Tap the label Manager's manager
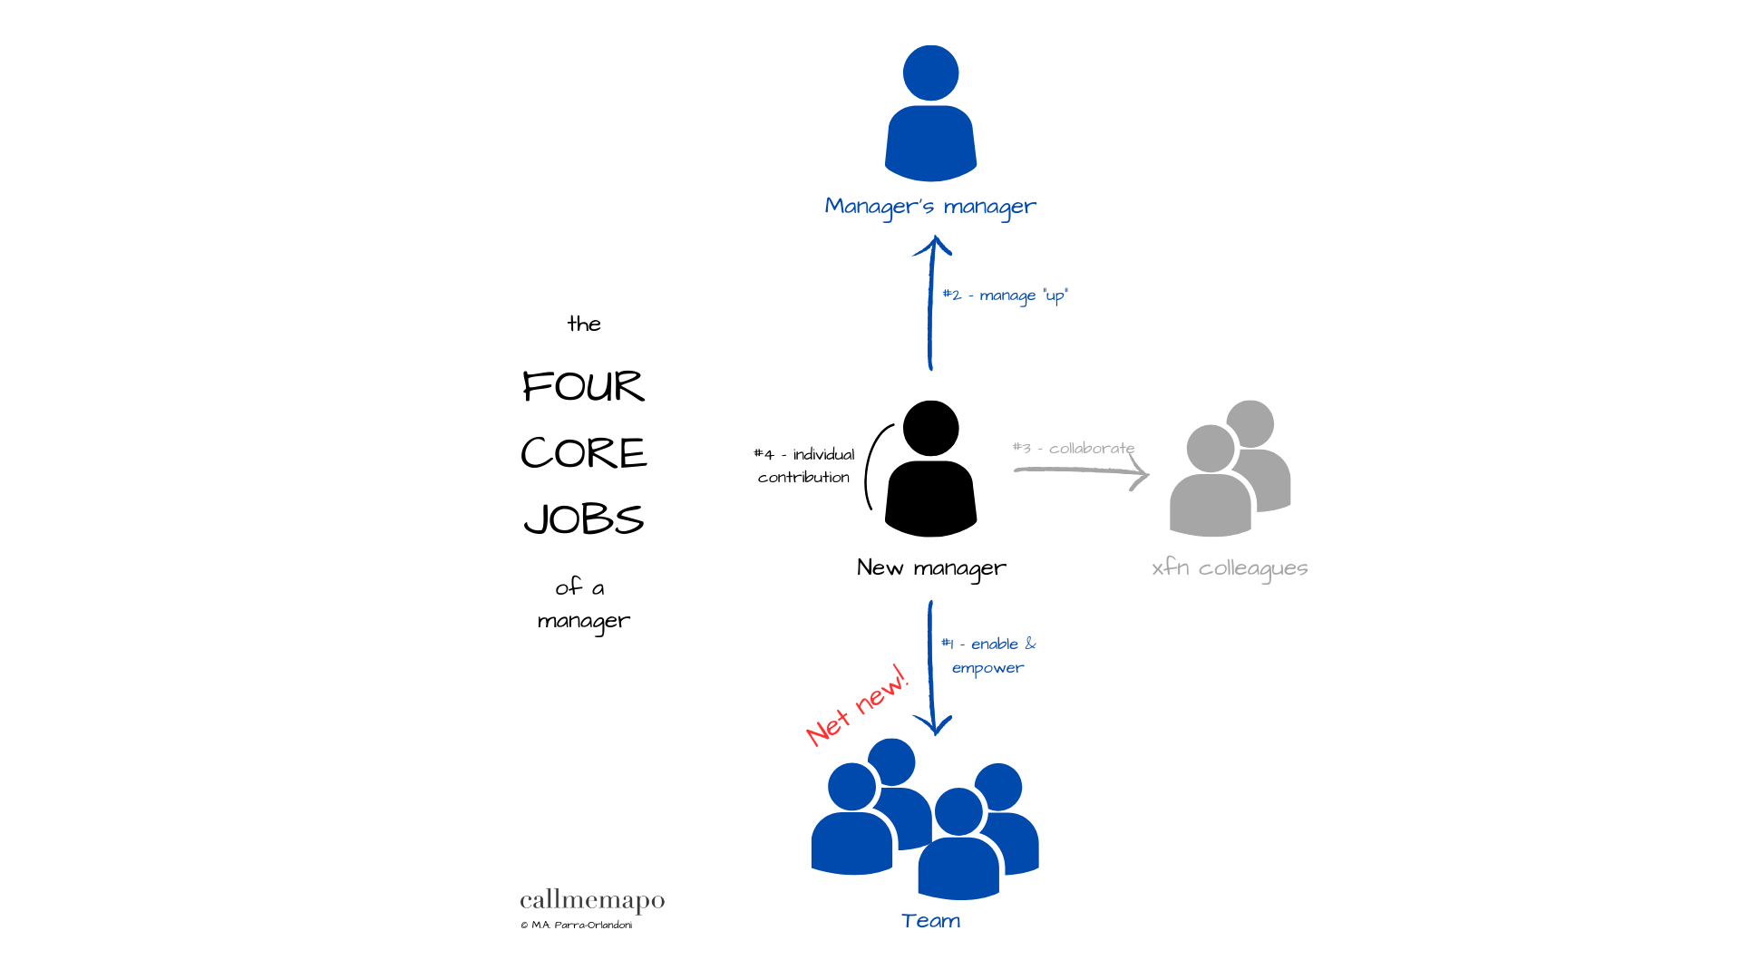(930, 207)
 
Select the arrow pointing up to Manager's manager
(930, 304)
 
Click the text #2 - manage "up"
(1006, 296)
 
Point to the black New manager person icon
(930, 471)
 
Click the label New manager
(931, 568)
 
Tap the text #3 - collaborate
(1074, 448)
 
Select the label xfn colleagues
(1230, 568)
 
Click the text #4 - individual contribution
(804, 465)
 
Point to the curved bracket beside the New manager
(871, 467)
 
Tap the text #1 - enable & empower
(988, 655)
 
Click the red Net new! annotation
(856, 706)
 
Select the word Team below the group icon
(930, 921)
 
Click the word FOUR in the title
(583, 387)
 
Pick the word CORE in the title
(583, 453)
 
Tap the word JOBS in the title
(583, 519)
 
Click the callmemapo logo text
(592, 901)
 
